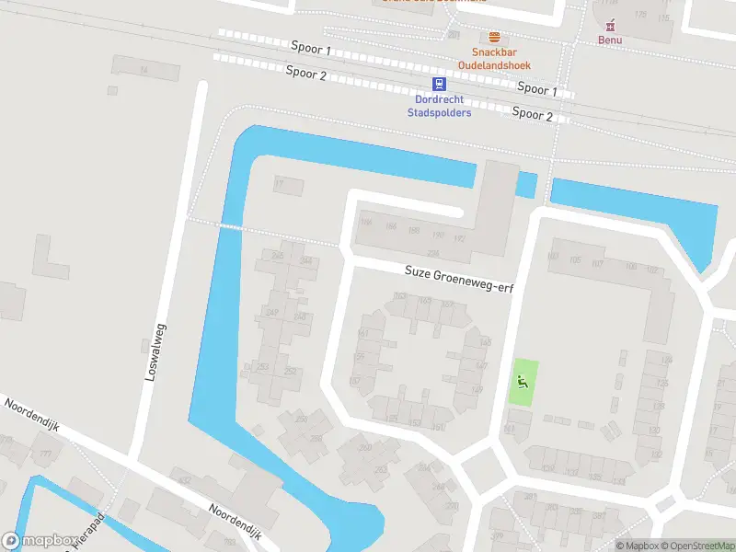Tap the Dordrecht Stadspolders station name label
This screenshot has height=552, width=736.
pos(439,106)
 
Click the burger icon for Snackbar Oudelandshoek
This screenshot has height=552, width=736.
pos(495,37)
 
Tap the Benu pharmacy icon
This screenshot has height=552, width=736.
pos(610,24)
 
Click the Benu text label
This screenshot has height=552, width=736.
pos(610,40)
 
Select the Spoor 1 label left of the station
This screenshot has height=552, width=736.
pos(309,48)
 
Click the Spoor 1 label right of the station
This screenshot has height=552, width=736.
pos(536,89)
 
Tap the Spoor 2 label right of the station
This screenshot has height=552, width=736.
pos(532,114)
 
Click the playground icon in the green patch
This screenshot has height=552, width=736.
pos(523,381)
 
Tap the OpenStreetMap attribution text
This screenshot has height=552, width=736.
pos(696,546)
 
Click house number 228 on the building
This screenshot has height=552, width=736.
pos(433,254)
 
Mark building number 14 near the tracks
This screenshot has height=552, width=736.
pos(143,70)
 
